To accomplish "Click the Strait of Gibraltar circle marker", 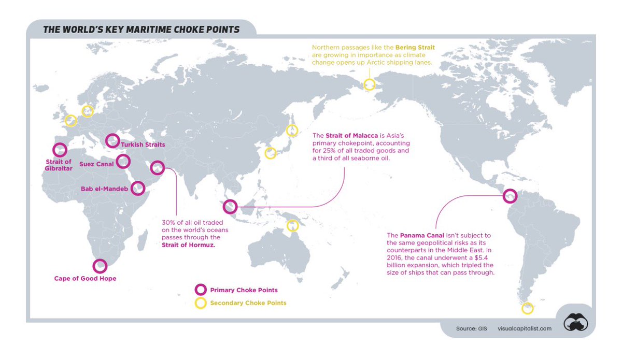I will pyautogui.click(x=60, y=150).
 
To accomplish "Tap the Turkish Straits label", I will pyautogui.click(x=143, y=145).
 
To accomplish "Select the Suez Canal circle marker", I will pyautogui.click(x=123, y=162).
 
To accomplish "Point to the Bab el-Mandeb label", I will pyautogui.click(x=104, y=189).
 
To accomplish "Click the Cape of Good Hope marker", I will pyautogui.click(x=100, y=266).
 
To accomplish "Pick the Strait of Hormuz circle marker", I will pyautogui.click(x=157, y=167).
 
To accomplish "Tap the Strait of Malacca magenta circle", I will pyautogui.click(x=230, y=207).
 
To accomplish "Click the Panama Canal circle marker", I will pyautogui.click(x=511, y=196).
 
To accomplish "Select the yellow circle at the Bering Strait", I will pyautogui.click(x=369, y=84).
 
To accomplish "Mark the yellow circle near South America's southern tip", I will pyautogui.click(x=527, y=308).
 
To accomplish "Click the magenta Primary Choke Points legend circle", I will pyautogui.click(x=200, y=290).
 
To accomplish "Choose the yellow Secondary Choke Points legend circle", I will pyautogui.click(x=200, y=303).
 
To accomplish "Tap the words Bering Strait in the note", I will pyautogui.click(x=415, y=47).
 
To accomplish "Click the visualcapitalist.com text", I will pyautogui.click(x=525, y=328).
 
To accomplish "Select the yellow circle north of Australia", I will pyautogui.click(x=293, y=225).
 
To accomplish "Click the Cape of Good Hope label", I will pyautogui.click(x=85, y=278).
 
